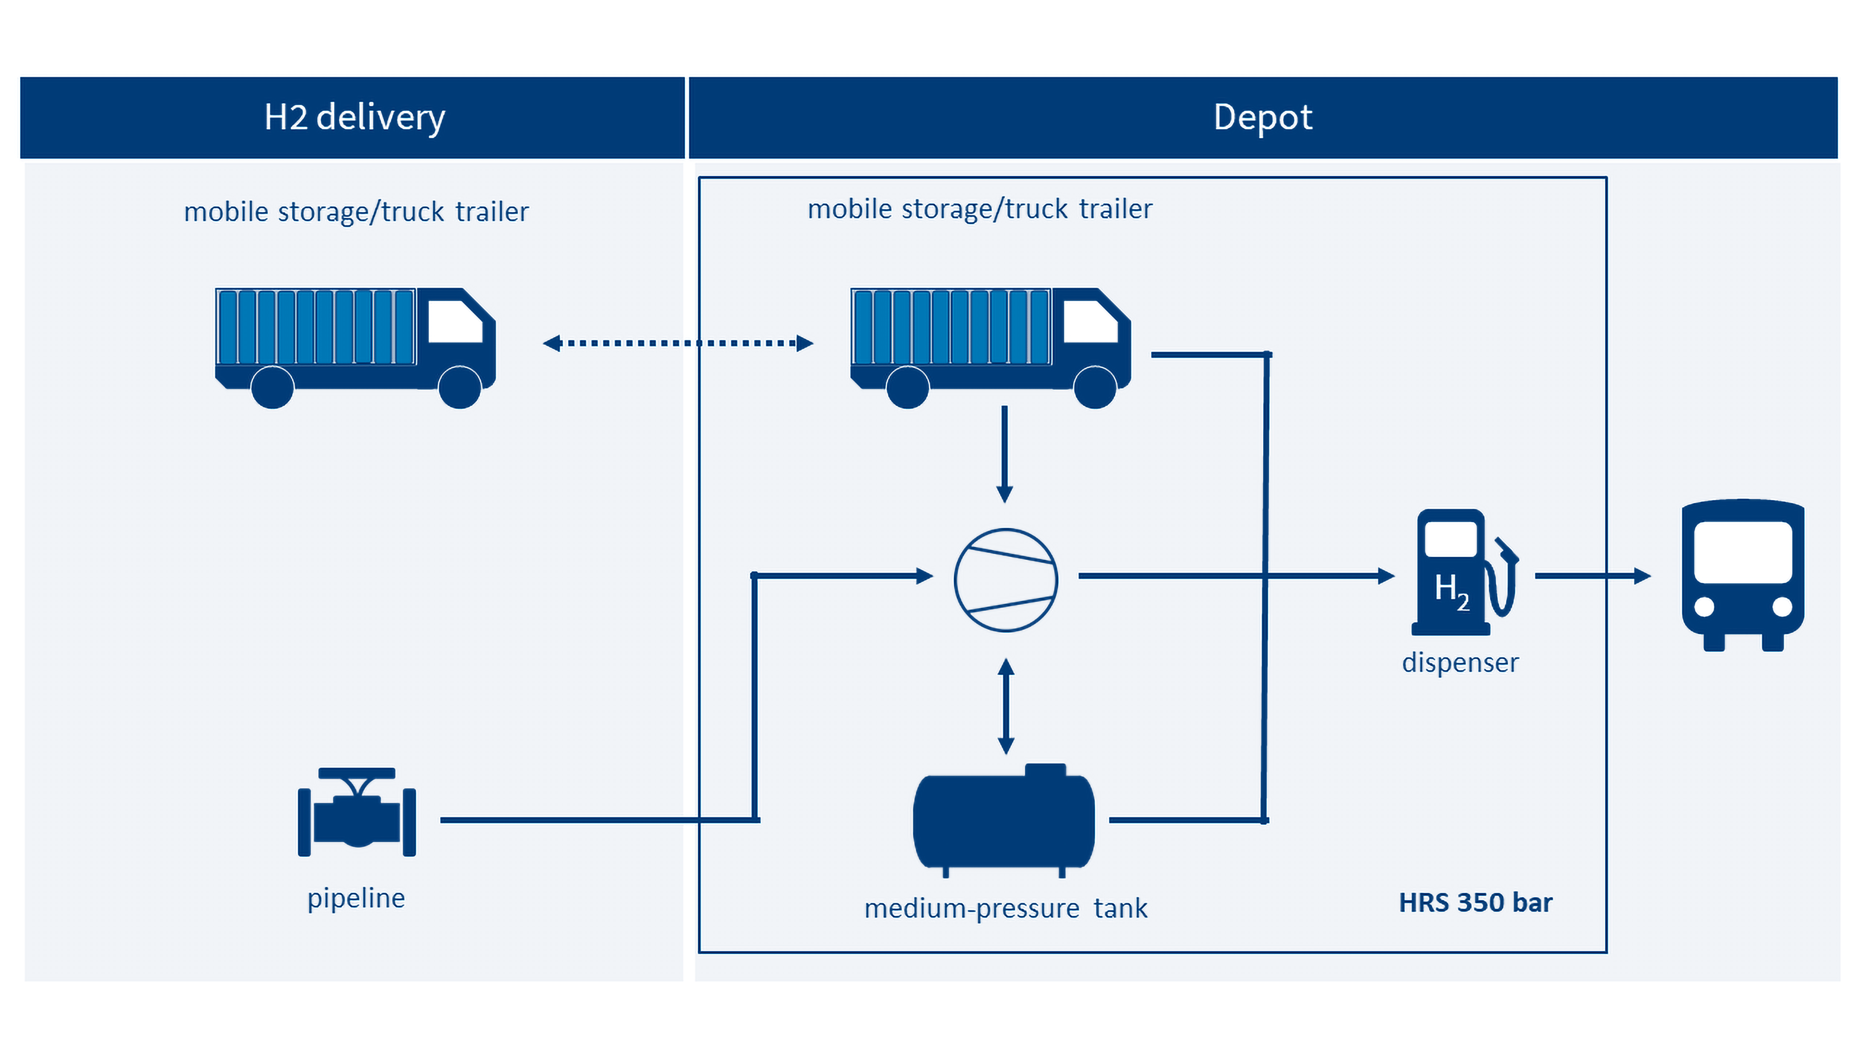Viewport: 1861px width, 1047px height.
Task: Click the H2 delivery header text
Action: [354, 117]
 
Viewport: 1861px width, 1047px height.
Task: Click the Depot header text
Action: [1262, 117]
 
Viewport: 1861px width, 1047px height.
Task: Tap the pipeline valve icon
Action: [357, 812]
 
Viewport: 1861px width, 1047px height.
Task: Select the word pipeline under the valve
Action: [356, 898]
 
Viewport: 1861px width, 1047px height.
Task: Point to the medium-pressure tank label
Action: [1005, 908]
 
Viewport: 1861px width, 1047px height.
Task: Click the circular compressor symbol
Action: [1005, 580]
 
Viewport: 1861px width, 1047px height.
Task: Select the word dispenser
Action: [1460, 663]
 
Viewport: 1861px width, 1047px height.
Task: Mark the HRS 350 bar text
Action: [1475, 902]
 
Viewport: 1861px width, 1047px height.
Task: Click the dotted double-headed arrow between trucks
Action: [678, 343]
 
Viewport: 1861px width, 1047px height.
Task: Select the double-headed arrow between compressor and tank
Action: [1005, 706]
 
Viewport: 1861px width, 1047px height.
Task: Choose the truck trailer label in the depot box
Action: [980, 209]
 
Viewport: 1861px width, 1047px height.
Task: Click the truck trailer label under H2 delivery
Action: [356, 212]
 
